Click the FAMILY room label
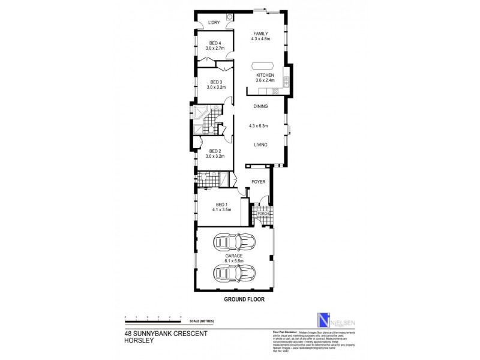260,34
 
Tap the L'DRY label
214,23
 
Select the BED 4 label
215,43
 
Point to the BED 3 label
215,82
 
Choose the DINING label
260,107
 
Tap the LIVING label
260,145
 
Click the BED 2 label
215,152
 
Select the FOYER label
258,181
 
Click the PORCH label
262,214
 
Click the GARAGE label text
234,256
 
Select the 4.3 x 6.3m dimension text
262,126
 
